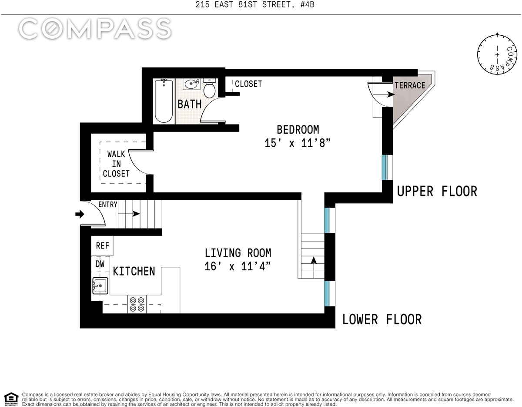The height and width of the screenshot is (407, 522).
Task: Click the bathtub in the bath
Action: point(164,101)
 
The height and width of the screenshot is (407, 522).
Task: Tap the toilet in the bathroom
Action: point(210,88)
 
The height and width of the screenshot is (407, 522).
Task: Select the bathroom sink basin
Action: point(191,84)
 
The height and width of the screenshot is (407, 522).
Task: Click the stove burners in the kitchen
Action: point(137,304)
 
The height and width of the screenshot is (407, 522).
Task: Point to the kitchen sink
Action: point(100,286)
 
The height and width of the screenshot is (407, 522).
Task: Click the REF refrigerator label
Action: point(102,246)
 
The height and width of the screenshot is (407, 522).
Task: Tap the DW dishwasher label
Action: point(100,264)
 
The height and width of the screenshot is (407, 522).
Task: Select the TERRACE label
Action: point(410,85)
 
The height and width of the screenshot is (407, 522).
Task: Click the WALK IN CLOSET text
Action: point(116,164)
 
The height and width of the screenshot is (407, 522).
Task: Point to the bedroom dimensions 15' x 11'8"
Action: point(298,143)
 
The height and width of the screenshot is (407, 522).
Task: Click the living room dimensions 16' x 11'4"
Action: point(238,266)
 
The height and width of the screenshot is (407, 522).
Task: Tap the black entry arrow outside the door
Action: point(80,214)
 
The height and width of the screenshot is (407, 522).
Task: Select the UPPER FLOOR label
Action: point(437,192)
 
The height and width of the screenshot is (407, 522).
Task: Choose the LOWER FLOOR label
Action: point(381,319)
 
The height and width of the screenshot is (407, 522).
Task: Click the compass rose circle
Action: point(497,55)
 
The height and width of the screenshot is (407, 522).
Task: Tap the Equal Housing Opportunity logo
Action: point(11,399)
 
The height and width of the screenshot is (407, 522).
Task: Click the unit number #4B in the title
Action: point(307,4)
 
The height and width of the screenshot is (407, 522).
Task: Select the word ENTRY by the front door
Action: point(107,204)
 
